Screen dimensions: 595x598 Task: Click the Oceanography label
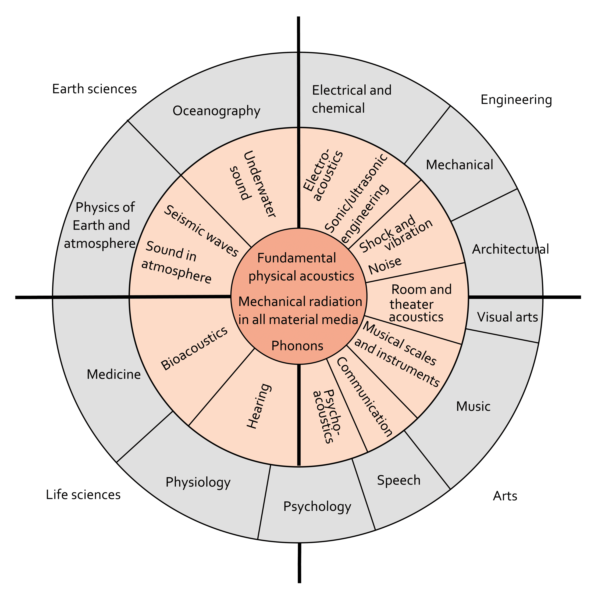[x=216, y=111]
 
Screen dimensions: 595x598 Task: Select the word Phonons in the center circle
[x=297, y=346]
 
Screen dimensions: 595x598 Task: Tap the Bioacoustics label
[x=194, y=348]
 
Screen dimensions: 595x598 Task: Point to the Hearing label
[x=259, y=406]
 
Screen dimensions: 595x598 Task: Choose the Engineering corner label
[x=516, y=100]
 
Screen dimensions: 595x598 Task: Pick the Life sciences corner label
[x=83, y=495]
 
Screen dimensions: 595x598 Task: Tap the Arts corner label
[x=505, y=496]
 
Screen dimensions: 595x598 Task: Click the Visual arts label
[x=507, y=317]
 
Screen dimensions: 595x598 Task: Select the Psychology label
[x=317, y=507]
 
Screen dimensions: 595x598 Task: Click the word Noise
[x=385, y=265]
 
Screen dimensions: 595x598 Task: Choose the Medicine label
[x=114, y=374]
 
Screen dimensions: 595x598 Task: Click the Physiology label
[x=198, y=482]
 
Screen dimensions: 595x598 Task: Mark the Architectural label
[x=510, y=249]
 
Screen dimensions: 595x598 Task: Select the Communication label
[x=364, y=397]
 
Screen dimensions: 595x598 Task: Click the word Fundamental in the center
[x=296, y=258]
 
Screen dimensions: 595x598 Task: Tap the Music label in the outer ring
[x=473, y=406]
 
